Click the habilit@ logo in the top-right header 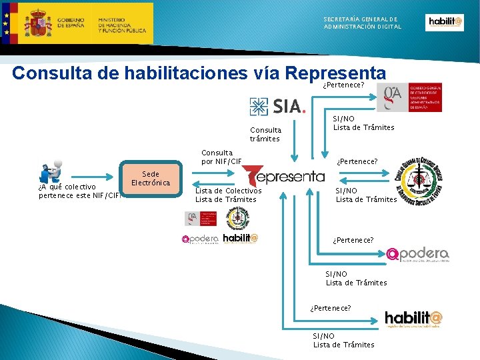(445, 23)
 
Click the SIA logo (277, 106)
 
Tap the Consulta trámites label (265, 134)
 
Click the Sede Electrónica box (151, 179)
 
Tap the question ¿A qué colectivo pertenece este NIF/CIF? (79, 191)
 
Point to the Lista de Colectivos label (228, 191)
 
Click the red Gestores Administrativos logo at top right (409, 97)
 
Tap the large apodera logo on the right (417, 254)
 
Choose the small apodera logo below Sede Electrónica (200, 239)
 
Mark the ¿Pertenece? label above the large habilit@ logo (331, 307)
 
